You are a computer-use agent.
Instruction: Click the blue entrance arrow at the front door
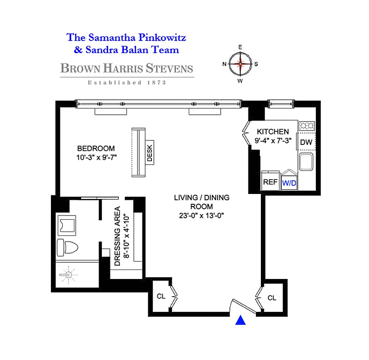click(241, 320)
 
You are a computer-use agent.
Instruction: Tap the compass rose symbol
click(240, 64)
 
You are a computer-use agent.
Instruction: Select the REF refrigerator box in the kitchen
click(270, 182)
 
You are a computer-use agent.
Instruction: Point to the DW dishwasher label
click(306, 142)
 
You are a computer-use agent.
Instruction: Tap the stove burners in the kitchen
click(307, 126)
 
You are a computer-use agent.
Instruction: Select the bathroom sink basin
click(67, 224)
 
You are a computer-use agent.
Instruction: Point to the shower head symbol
click(68, 274)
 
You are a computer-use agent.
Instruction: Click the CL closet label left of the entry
click(161, 297)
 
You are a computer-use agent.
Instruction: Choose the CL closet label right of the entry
click(272, 298)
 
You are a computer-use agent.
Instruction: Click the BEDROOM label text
click(96, 148)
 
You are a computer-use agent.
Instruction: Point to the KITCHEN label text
click(273, 131)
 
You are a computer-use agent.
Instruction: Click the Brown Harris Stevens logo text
click(127, 69)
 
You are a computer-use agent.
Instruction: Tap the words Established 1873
click(127, 82)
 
